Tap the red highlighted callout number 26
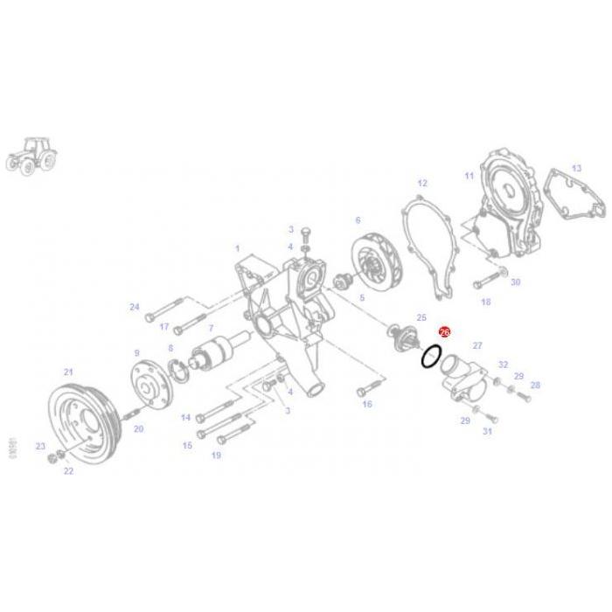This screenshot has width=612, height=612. [x=443, y=332]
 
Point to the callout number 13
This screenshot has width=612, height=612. [x=576, y=167]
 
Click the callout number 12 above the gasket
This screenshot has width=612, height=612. [x=422, y=184]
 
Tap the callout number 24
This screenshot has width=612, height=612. [x=134, y=307]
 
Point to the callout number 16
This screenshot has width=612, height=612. [x=367, y=404]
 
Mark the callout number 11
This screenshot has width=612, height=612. [x=469, y=176]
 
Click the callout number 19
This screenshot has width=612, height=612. [x=215, y=456]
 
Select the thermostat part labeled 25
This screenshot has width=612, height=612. [x=403, y=338]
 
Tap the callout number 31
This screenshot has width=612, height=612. [x=487, y=431]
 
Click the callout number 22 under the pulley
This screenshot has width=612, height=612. [x=67, y=471]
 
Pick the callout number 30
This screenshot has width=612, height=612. [x=515, y=282]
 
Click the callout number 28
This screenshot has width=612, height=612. [x=535, y=385]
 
